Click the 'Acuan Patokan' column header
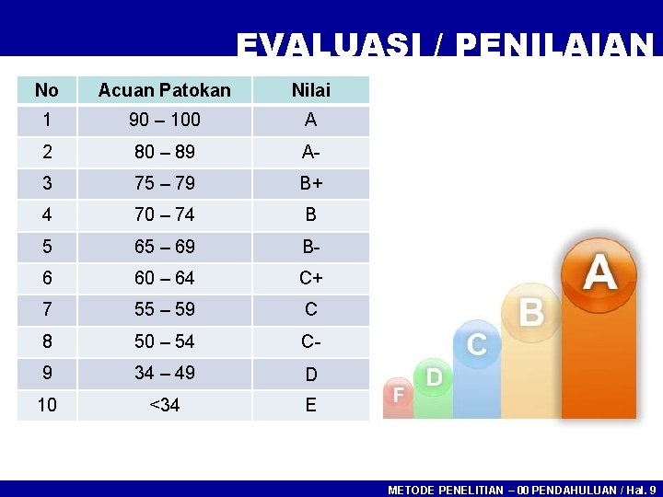[164, 89]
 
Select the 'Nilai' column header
[310, 89]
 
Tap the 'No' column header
[46, 89]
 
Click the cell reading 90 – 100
[164, 121]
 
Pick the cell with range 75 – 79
[164, 183]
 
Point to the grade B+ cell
[310, 183]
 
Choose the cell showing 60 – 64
[164, 278]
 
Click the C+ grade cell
[310, 278]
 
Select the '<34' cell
[164, 405]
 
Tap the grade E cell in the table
[310, 405]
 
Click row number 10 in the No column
[46, 405]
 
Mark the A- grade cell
[310, 152]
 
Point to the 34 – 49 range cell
[164, 373]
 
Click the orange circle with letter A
[599, 272]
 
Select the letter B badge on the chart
[531, 312]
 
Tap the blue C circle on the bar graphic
[477, 344]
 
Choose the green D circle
[434, 376]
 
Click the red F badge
[399, 394]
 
